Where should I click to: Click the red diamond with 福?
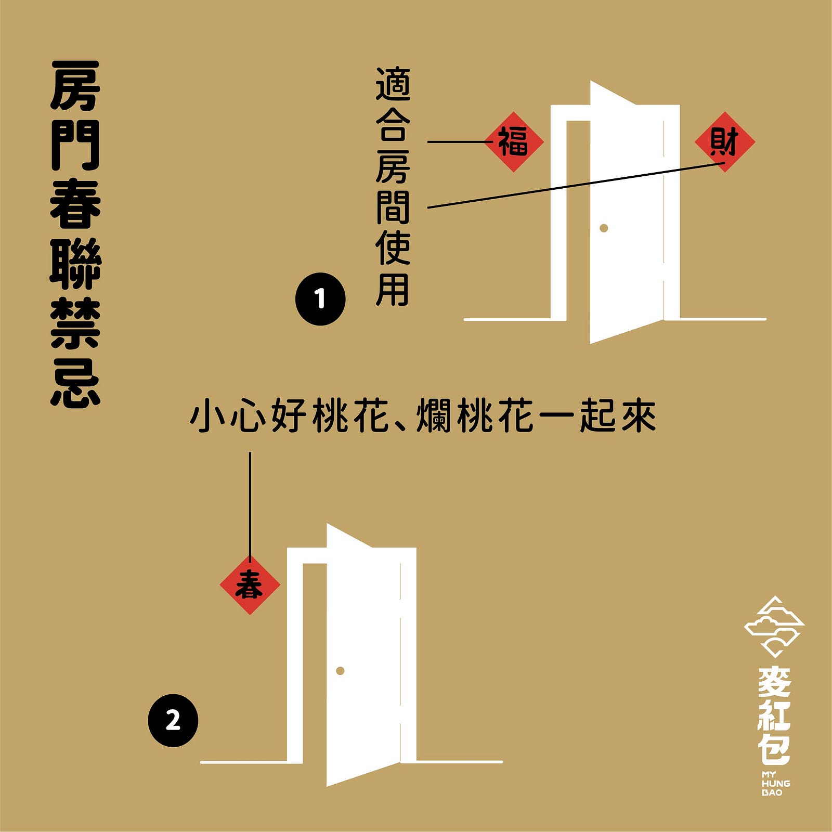514,141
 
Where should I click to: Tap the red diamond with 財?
724,141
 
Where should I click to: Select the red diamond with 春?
250,585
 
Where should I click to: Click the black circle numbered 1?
320,299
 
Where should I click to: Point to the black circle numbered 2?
173,721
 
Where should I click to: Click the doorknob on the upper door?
604,228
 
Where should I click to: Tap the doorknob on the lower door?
340,671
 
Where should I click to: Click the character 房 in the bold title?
75,85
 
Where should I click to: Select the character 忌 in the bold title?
75,382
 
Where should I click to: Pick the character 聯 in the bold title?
75,264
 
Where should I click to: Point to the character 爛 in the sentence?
434,416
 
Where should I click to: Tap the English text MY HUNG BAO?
775,784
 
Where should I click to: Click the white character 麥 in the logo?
774,682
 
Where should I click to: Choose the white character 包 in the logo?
774,749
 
